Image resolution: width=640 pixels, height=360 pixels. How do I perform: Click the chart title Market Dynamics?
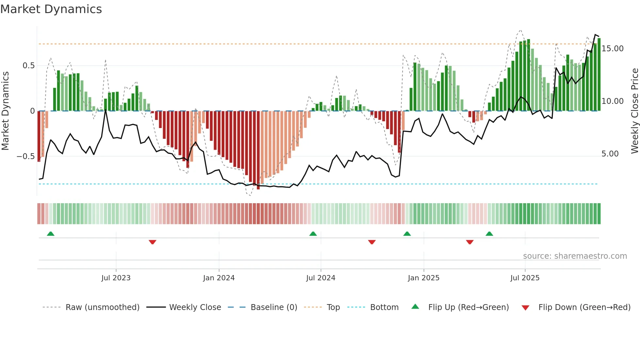pos(51,9)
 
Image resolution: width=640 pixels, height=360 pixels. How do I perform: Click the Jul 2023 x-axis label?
pos(116,278)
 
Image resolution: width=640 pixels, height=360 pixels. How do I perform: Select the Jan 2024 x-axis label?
pos(219,278)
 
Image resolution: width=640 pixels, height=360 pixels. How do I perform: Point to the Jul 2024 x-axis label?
pos(321,278)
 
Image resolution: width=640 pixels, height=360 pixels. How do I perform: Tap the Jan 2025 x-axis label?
pos(424,278)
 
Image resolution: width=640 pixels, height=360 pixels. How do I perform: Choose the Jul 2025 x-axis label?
pos(525,278)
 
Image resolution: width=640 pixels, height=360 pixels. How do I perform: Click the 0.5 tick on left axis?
pos(28,66)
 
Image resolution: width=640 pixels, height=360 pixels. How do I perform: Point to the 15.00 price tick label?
pos(613,49)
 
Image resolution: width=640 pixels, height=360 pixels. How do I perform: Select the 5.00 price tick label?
pos(610,154)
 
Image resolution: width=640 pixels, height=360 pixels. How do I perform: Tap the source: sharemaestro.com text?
pos(575,256)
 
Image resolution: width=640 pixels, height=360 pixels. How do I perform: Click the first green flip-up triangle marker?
pos(51,234)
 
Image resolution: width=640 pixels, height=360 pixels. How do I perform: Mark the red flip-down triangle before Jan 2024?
pos(152,242)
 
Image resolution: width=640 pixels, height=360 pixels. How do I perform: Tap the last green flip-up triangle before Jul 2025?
pos(489,234)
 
